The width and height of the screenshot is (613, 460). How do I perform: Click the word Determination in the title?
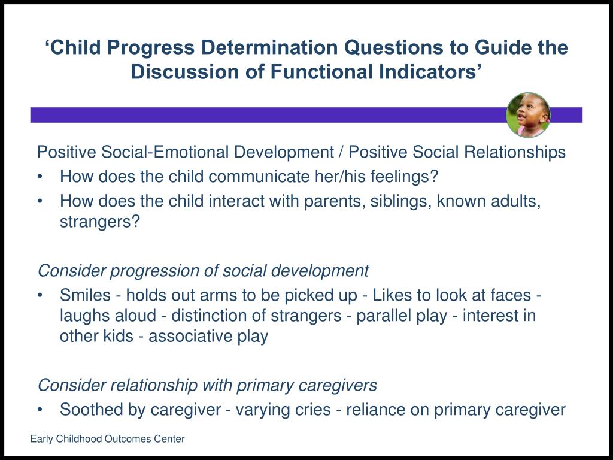pyautogui.click(x=269, y=47)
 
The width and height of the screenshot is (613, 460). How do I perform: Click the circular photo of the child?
pyautogui.click(x=528, y=115)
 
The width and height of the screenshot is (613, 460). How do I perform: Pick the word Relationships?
pyautogui.click(x=514, y=152)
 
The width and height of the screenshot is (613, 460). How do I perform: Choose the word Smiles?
pyautogui.click(x=85, y=295)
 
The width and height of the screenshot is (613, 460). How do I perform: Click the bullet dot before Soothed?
pyautogui.click(x=40, y=410)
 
